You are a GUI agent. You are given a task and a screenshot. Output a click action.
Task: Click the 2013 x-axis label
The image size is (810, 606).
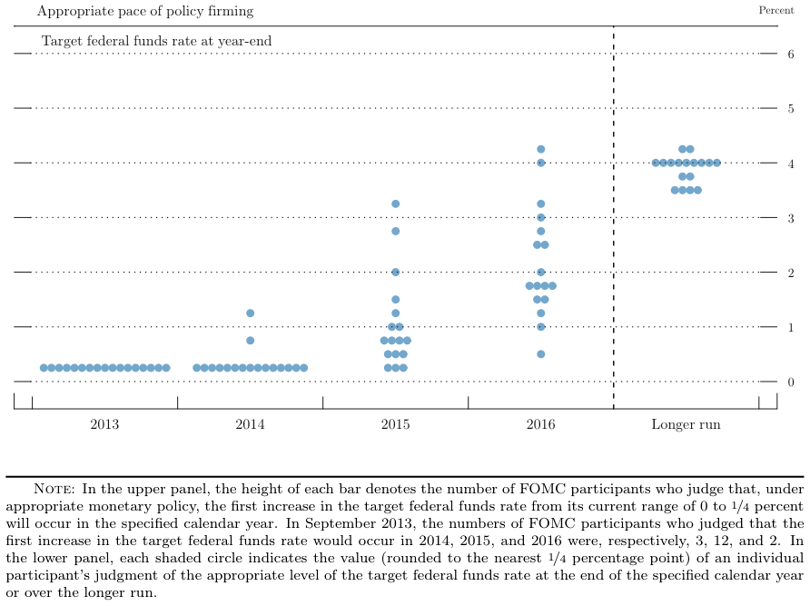coord(104,424)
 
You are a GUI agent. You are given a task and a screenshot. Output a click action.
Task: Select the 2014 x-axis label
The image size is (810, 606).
coord(250,424)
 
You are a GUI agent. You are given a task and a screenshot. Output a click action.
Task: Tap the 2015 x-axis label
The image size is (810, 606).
coord(395,424)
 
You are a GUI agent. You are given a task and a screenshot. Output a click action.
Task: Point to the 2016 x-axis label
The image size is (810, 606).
coord(541,424)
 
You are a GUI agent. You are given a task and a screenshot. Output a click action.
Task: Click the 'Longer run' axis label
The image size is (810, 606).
coord(686,424)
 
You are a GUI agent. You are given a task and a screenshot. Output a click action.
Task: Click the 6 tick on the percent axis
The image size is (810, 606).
coord(790,54)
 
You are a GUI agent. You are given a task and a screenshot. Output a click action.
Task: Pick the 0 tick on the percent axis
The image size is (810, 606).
coord(790,382)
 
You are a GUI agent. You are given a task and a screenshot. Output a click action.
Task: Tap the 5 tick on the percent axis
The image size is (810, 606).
coord(790,109)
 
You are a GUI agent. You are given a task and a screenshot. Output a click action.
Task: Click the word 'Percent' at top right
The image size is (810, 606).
coord(775,10)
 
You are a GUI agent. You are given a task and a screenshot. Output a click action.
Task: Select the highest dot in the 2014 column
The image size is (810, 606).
coord(250,313)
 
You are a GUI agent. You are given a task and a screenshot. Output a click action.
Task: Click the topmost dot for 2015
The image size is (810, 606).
coord(395,204)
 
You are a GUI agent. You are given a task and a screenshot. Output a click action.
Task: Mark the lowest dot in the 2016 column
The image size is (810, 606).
coord(541,354)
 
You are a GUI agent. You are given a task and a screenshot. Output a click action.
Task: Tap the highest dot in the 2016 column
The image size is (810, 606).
coord(541,149)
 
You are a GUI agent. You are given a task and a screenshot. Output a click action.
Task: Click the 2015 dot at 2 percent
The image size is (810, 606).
coord(395,272)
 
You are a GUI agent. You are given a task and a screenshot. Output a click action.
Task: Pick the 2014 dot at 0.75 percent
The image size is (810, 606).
coord(250,341)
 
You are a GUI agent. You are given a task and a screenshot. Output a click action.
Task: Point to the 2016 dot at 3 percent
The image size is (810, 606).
coord(541,218)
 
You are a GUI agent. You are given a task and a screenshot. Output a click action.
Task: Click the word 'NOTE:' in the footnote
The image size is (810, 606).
coord(54,489)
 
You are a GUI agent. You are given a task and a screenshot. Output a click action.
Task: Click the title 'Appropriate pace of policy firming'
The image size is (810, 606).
coord(145,12)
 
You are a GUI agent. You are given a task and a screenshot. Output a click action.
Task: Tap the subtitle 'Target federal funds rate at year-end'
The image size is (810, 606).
coord(156,42)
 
